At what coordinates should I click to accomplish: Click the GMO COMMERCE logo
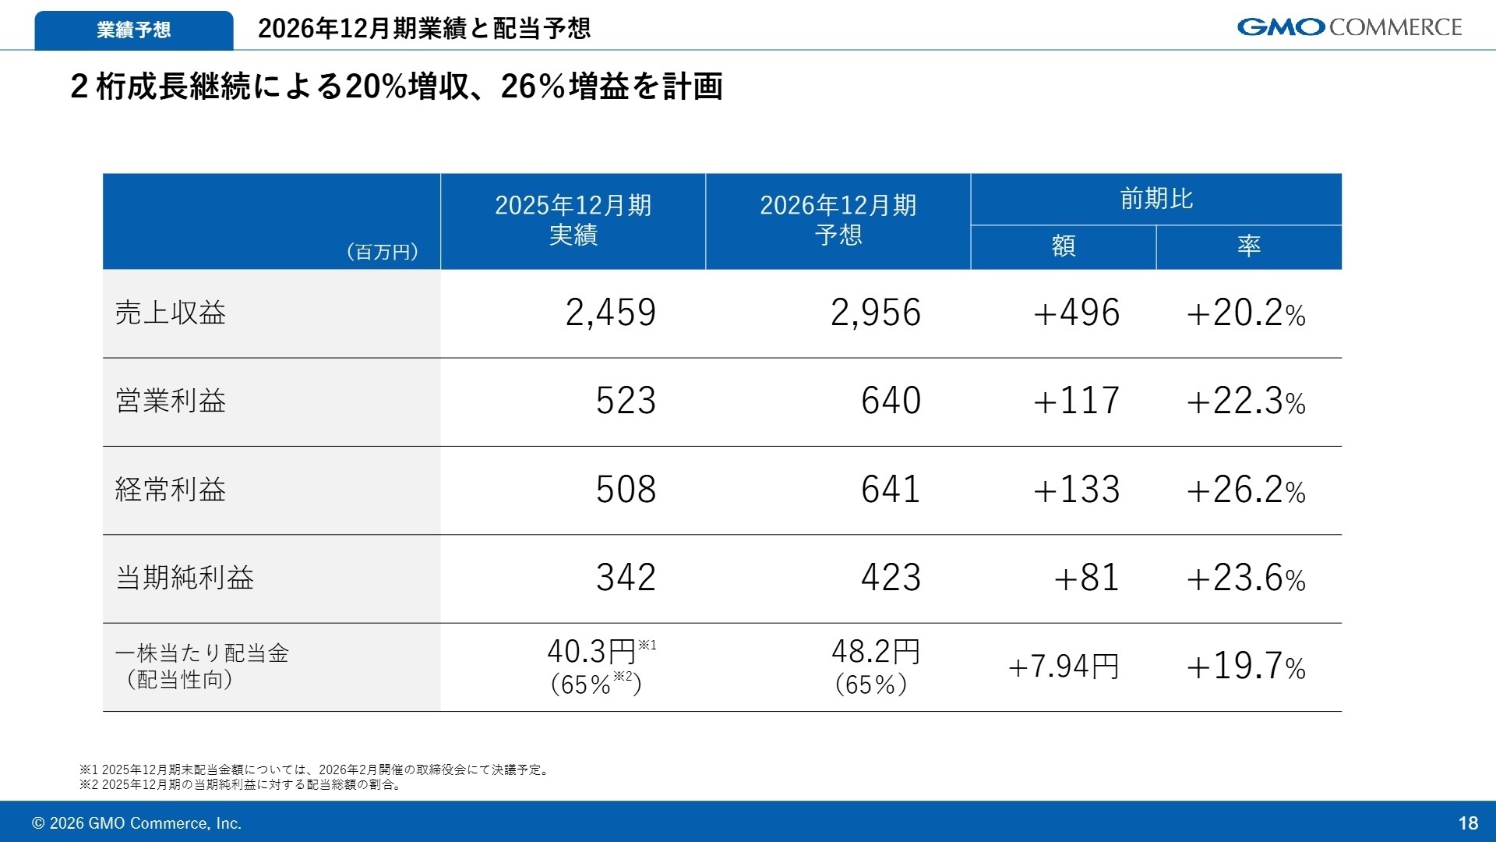tap(1349, 27)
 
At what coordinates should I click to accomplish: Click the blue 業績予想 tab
tap(133, 30)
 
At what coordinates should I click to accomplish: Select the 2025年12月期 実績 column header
tap(573, 220)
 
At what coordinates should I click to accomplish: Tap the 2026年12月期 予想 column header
tap(838, 220)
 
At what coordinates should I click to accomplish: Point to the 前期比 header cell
tap(1156, 200)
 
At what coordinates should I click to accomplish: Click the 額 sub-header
tap(1064, 246)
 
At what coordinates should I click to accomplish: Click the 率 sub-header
tap(1248, 246)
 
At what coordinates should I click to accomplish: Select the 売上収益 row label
tap(171, 313)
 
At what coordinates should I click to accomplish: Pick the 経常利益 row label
tap(171, 490)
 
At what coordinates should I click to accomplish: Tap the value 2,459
tap(610, 313)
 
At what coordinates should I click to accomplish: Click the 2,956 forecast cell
tap(875, 313)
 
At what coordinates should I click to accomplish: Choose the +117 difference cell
tap(1076, 402)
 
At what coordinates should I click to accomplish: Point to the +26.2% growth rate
tap(1245, 490)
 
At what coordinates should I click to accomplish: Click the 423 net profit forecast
tap(891, 578)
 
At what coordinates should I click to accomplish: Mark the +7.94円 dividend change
tap(1064, 667)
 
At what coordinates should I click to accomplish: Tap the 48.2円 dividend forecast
tap(876, 652)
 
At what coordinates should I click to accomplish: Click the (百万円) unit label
tap(382, 252)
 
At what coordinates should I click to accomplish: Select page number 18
tap(1468, 823)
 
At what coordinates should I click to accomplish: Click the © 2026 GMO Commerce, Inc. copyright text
tap(136, 823)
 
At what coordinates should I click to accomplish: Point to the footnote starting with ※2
tap(242, 785)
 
